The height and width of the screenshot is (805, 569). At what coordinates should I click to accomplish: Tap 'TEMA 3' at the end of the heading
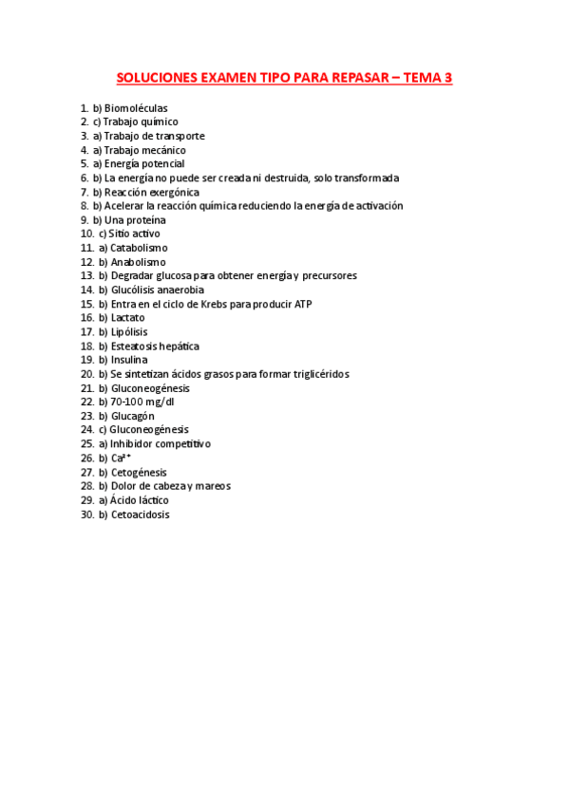428,78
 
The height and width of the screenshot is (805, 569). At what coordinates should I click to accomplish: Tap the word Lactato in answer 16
128,318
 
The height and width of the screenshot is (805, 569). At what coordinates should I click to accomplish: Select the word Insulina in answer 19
129,360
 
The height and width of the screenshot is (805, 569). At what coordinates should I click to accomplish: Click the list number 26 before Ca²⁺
87,458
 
